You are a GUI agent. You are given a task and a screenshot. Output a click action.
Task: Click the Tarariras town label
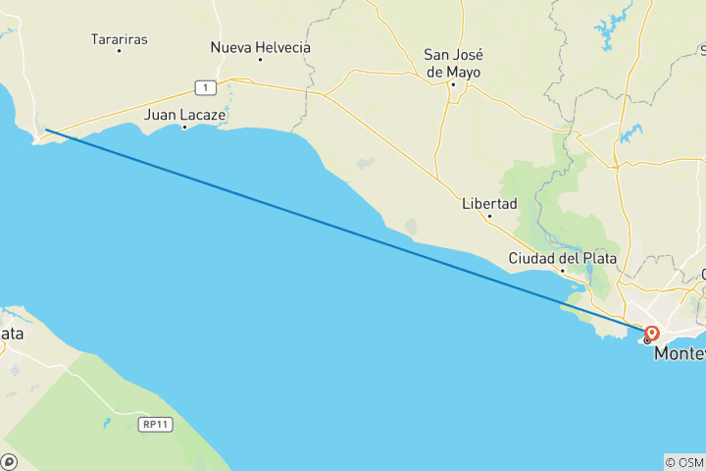[119, 39]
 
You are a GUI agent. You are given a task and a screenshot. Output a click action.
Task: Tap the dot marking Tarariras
[120, 50]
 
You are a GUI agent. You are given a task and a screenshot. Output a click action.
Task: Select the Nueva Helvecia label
[260, 47]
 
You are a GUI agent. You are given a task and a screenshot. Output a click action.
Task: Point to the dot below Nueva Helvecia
[260, 59]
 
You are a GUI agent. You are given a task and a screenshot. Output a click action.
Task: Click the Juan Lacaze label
[185, 115]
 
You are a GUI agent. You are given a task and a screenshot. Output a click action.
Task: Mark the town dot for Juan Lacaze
[184, 128]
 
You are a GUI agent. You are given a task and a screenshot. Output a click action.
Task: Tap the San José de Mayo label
[453, 63]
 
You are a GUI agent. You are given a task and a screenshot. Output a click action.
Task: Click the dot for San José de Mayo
[453, 84]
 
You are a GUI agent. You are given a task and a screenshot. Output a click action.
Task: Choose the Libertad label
[489, 204]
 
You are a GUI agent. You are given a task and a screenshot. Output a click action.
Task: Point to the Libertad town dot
[489, 216]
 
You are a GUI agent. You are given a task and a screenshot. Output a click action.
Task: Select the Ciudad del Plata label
[562, 258]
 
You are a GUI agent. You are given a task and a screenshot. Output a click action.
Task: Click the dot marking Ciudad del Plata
[563, 270]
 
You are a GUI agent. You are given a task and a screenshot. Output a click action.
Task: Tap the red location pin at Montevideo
[652, 333]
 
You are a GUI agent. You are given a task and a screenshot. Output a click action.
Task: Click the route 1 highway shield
[204, 87]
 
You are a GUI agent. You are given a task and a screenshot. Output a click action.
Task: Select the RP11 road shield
[151, 424]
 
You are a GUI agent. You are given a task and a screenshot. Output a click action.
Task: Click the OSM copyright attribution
[683, 462]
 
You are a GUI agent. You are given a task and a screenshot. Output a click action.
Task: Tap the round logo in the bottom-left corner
[9, 461]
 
